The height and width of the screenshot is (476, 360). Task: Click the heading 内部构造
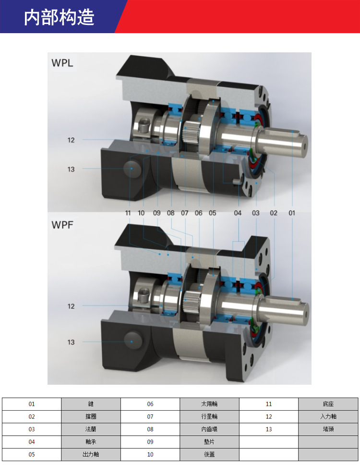[x=59, y=17]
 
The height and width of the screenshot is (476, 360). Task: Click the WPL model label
[x=62, y=63]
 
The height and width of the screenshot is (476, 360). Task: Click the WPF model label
[x=62, y=225]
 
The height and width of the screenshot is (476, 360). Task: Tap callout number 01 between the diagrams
[x=292, y=213]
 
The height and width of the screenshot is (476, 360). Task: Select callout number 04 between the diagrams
[x=238, y=213]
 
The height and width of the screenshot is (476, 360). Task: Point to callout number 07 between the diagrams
[x=185, y=213]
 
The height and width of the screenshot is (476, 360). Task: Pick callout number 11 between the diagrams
[x=128, y=213]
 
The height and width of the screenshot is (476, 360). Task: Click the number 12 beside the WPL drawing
[x=71, y=140]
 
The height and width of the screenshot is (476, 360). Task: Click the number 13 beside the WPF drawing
[x=71, y=342]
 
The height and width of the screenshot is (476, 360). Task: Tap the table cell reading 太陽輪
[x=209, y=404]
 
